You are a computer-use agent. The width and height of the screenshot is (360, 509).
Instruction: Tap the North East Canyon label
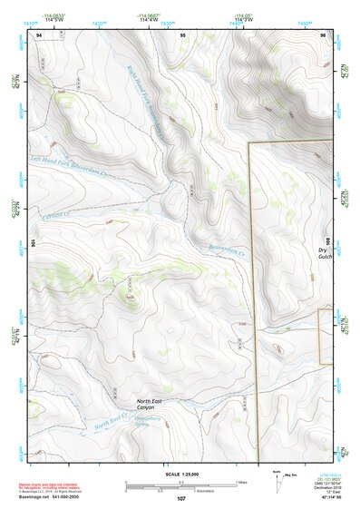coord(151,404)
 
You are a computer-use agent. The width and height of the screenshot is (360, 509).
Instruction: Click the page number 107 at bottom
coord(181,498)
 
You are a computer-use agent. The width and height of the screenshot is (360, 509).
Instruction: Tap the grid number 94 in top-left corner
coord(39,34)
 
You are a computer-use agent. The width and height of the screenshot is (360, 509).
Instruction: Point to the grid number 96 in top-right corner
coord(324,34)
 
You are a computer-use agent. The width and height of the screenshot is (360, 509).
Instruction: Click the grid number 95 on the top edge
coord(183,34)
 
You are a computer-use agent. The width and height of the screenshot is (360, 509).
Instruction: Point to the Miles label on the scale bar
coord(239,482)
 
